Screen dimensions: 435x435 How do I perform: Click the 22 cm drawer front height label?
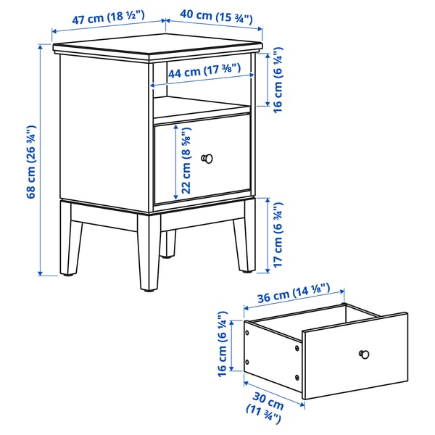coord(188,164)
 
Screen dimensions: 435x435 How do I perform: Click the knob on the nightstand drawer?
coord(208,157)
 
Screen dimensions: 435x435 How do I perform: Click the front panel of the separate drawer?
coord(355,358)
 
